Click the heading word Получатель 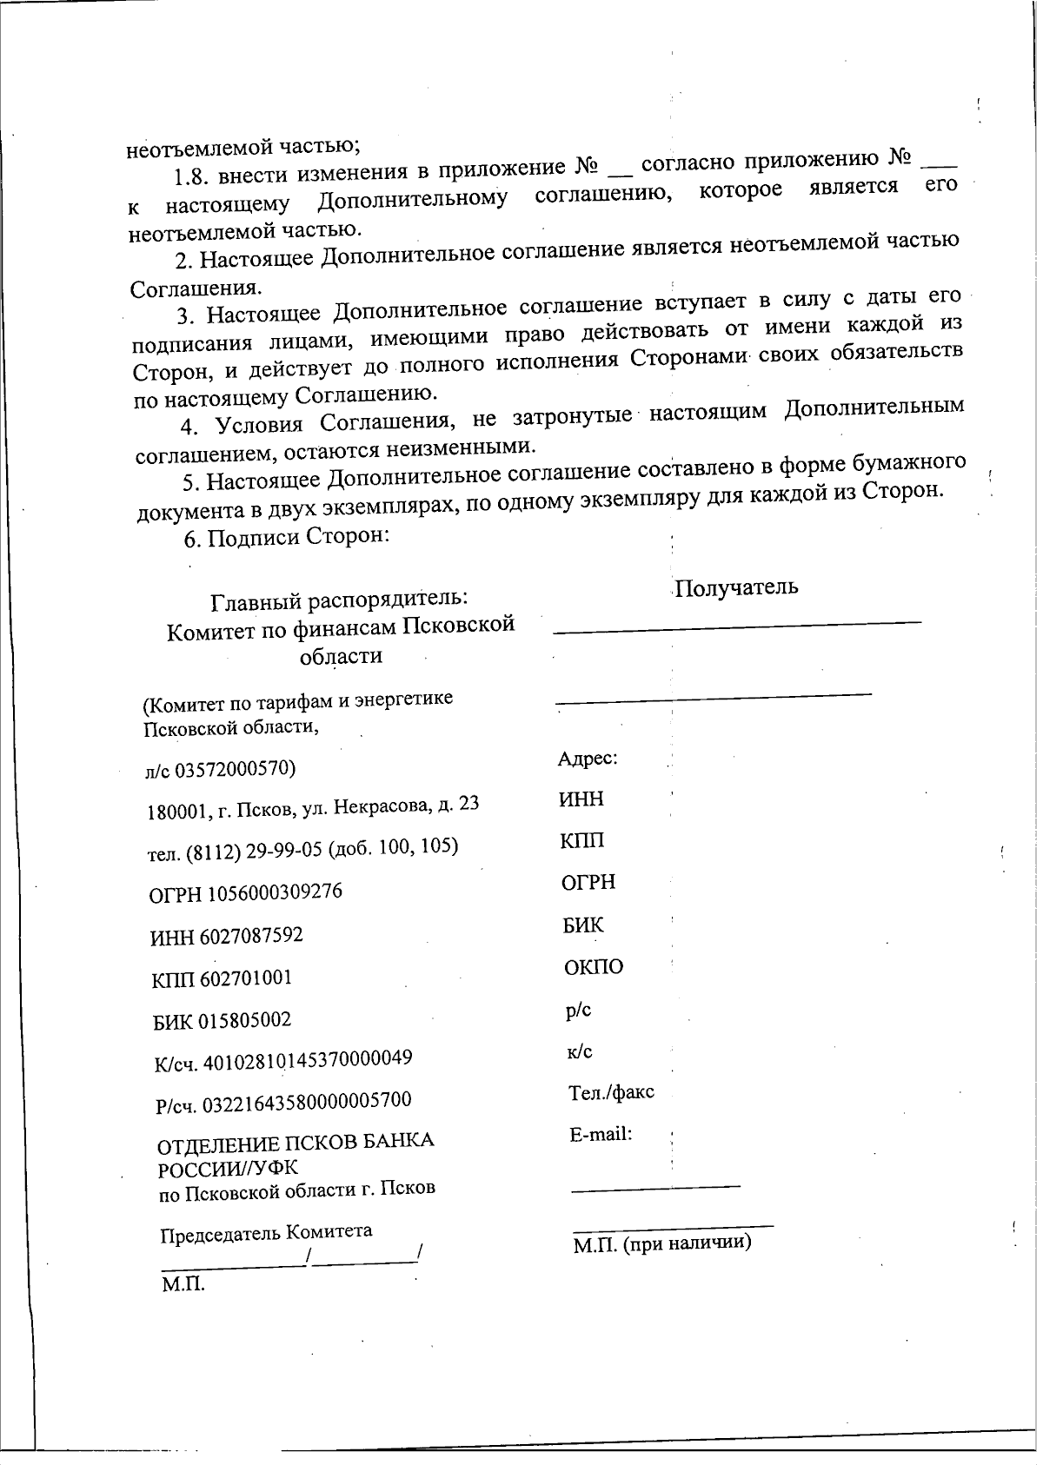click(736, 587)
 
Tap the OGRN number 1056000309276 click(275, 892)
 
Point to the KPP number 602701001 click(246, 978)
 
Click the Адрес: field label click(587, 759)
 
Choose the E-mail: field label click(601, 1134)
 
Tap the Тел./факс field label click(611, 1092)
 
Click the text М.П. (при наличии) click(661, 1243)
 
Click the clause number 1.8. click(191, 179)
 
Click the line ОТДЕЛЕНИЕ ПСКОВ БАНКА click(295, 1141)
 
